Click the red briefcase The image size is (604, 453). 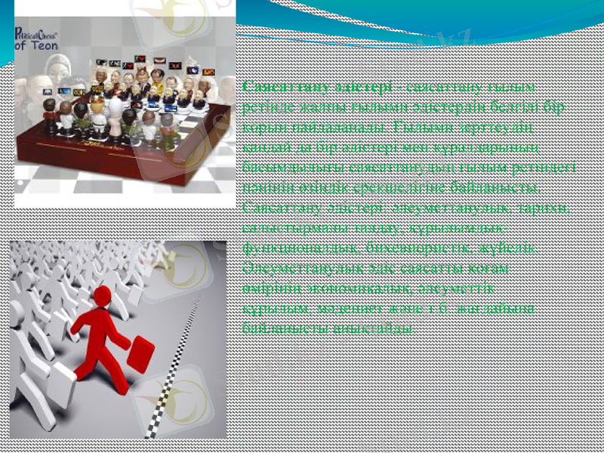[x=140, y=354]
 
